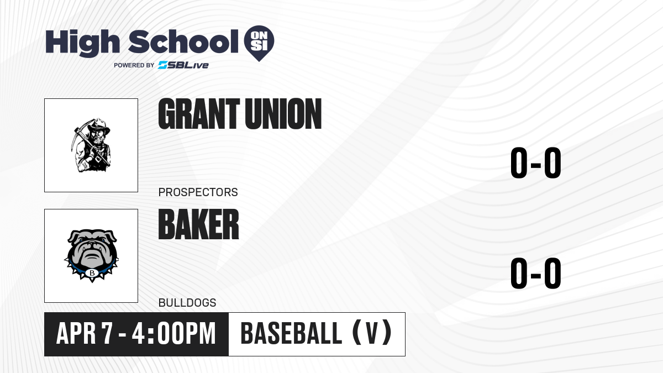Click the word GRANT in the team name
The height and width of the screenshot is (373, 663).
coord(199,114)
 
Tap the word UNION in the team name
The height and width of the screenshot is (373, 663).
coord(283,114)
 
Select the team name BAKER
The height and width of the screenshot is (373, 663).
coord(198,224)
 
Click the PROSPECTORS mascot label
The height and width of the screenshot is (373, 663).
coord(198,192)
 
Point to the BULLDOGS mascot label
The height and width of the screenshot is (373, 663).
coord(187,303)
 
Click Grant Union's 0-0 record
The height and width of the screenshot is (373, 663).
coord(536,163)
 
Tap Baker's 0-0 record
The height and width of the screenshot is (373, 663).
coord(536,273)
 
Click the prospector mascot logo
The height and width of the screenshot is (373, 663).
coord(91,145)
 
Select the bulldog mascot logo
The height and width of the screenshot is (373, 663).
coord(92,256)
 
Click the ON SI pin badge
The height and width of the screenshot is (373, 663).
coord(259,43)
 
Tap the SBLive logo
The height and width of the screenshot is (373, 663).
coord(183,65)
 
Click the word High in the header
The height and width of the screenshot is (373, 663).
coord(83,43)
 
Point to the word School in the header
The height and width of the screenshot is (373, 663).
coord(183,41)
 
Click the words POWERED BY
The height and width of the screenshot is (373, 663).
coord(134,65)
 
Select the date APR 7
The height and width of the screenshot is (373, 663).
coord(85,334)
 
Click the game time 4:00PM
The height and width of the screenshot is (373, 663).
coord(173,334)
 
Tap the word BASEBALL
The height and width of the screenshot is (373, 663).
coord(292,334)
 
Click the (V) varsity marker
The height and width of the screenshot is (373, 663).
coord(372,333)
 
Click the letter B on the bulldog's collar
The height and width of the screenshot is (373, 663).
coord(92,273)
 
